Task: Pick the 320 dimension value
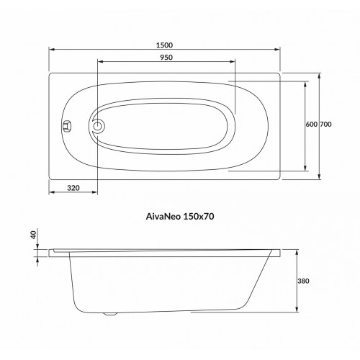click(x=72, y=188)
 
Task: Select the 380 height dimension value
click(x=303, y=281)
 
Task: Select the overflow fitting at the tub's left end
click(x=66, y=126)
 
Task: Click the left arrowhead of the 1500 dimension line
click(x=51, y=50)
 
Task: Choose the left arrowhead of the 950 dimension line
click(x=98, y=61)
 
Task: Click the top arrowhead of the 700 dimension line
click(x=320, y=74)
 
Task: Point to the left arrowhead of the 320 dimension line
click(x=51, y=194)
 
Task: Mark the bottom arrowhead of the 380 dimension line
click(x=297, y=312)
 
